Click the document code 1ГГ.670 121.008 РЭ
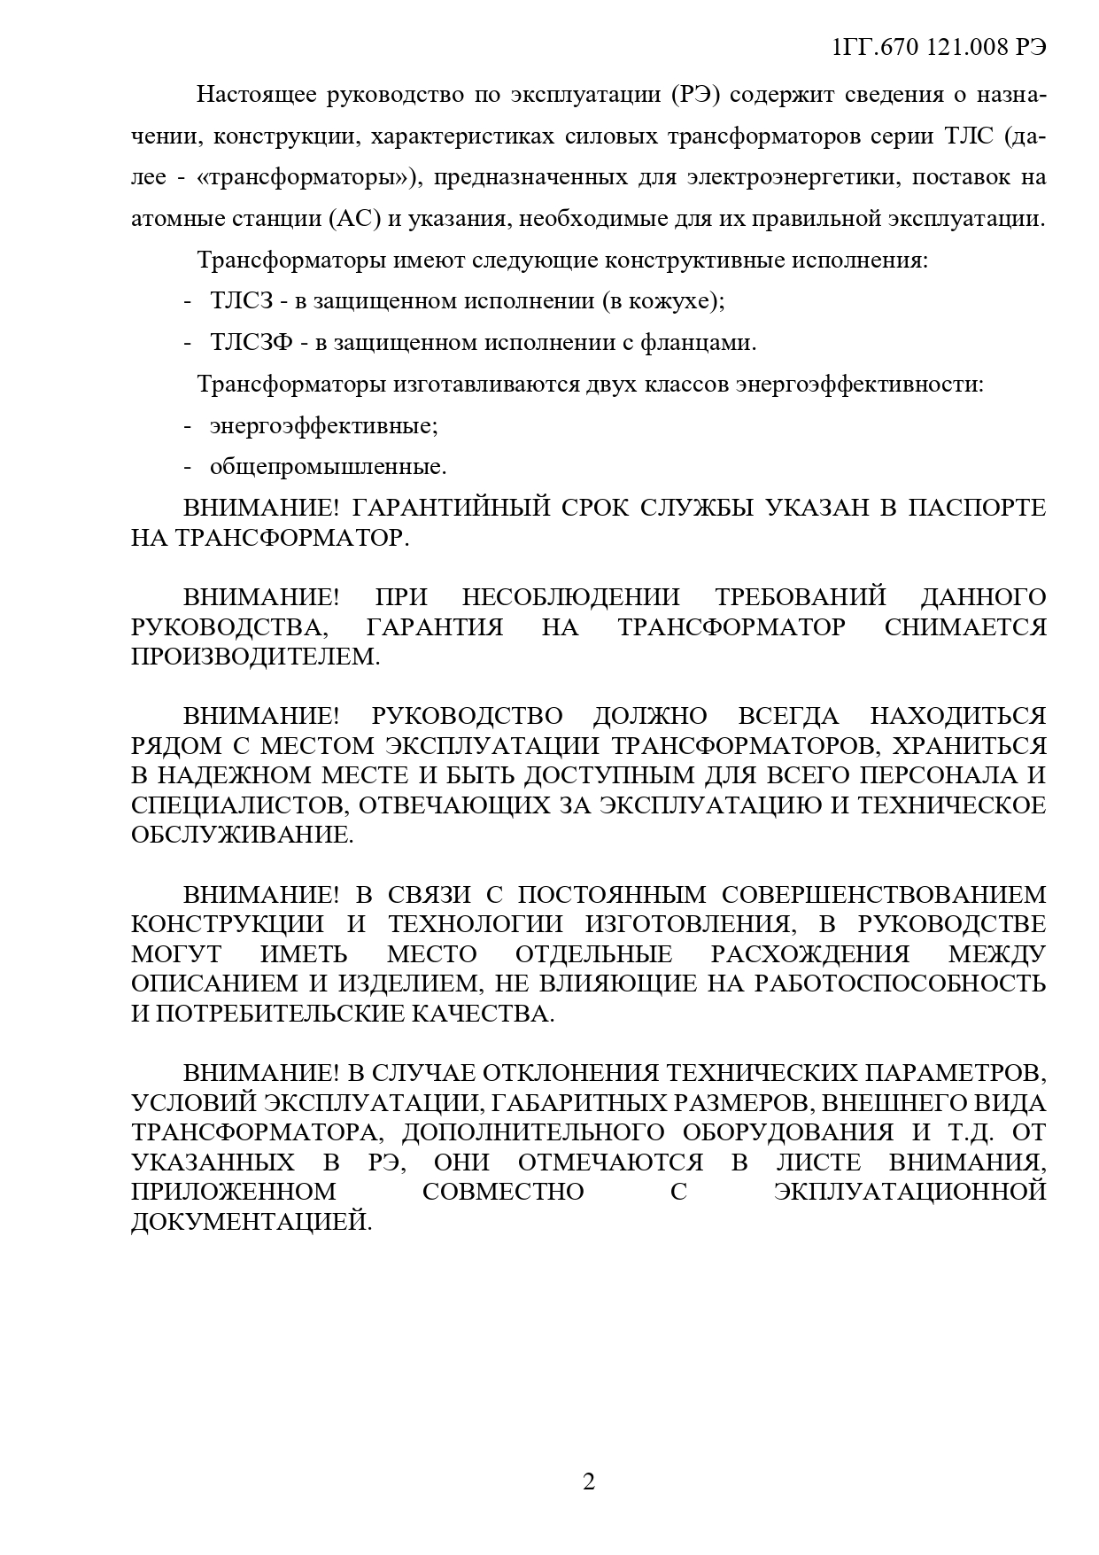tap(940, 48)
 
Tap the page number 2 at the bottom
tap(589, 1481)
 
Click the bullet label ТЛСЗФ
tap(252, 342)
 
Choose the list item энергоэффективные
tap(324, 425)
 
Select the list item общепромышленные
tap(328, 466)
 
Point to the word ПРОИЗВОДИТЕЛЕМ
tap(254, 657)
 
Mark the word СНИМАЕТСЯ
tap(965, 627)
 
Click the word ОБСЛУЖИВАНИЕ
tap(242, 835)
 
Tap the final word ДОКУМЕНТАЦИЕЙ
tap(252, 1222)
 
